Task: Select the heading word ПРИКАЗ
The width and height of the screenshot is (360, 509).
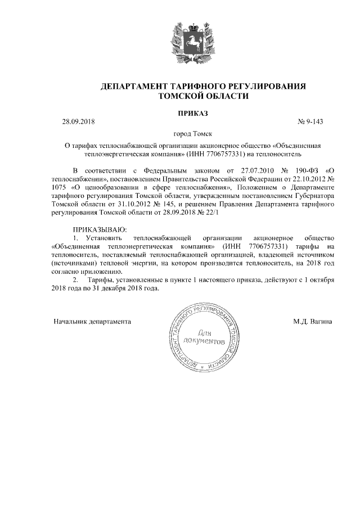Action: pos(193,112)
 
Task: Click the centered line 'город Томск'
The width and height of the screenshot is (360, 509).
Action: pos(193,134)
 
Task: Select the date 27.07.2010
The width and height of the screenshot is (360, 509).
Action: pos(256,169)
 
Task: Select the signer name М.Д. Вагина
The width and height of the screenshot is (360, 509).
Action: pos(312,322)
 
